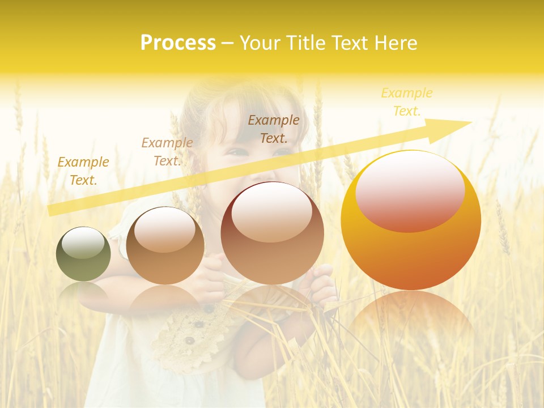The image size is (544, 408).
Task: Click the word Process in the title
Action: pos(178,43)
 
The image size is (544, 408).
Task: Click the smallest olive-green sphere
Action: pos(83,254)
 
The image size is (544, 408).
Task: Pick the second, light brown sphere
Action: pos(165,246)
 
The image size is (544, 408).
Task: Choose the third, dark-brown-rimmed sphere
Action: pos(273,233)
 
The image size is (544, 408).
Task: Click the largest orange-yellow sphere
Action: pos(411,220)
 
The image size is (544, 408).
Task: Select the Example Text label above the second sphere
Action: pos(167,152)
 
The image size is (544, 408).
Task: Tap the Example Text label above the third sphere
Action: pos(274,129)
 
